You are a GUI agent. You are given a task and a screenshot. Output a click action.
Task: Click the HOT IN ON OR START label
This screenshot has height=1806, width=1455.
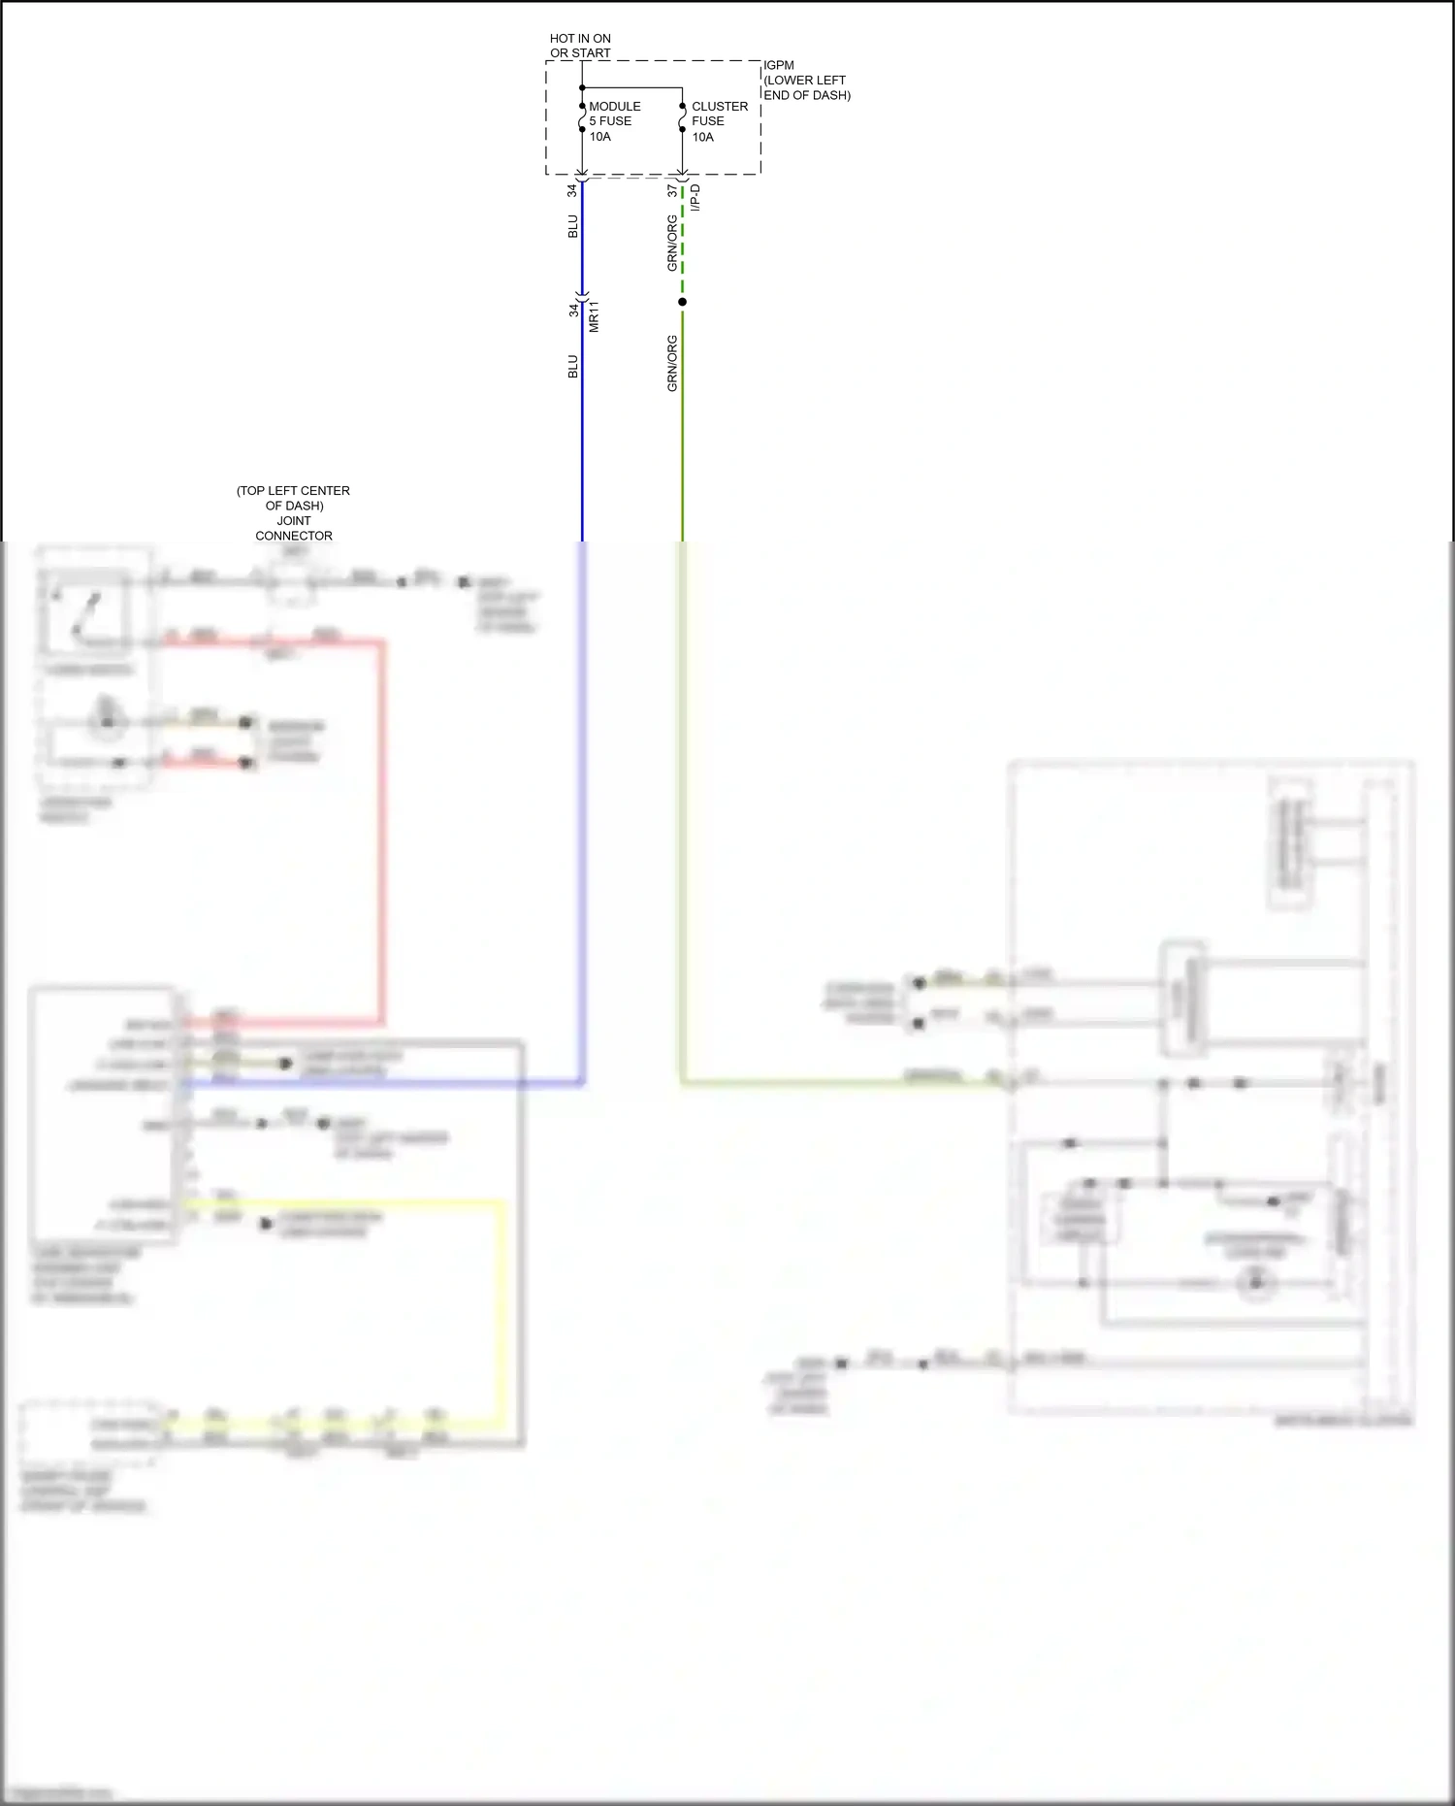pos(580,46)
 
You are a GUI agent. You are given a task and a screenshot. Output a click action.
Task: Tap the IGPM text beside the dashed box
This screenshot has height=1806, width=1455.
pos(778,65)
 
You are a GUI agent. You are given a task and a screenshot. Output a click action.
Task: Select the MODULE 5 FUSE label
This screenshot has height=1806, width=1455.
pos(614,114)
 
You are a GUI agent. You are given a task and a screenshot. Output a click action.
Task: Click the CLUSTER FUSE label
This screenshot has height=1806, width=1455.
pos(719,114)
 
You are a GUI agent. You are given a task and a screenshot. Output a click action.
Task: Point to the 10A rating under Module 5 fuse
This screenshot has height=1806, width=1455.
pos(600,137)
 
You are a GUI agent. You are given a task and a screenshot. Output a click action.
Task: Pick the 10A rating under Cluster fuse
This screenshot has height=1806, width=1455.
pos(703,137)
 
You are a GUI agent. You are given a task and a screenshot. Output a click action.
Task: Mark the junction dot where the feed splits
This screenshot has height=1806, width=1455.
pos(582,88)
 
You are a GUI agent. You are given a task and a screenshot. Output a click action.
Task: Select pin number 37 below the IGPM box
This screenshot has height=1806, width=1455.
pos(672,191)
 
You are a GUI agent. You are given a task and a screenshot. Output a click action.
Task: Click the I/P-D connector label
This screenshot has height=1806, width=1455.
pos(695,199)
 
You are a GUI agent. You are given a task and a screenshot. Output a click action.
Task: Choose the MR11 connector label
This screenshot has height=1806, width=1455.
pos(594,316)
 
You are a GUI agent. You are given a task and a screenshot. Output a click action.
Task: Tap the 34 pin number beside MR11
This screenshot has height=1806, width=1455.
pos(573,311)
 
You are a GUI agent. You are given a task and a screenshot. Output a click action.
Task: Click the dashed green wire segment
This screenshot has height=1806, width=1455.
pos(683,243)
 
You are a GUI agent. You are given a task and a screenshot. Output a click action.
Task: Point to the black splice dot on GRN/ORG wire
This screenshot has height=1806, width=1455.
pos(683,302)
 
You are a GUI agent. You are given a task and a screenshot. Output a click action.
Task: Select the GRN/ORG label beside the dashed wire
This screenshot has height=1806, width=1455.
pos(672,243)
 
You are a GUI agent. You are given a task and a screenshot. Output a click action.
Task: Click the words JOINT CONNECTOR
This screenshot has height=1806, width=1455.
pos(294,528)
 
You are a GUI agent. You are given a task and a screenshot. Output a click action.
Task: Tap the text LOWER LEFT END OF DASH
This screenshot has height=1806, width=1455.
pos(806,87)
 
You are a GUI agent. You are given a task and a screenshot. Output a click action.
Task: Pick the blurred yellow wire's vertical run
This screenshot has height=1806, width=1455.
pos(502,1310)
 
